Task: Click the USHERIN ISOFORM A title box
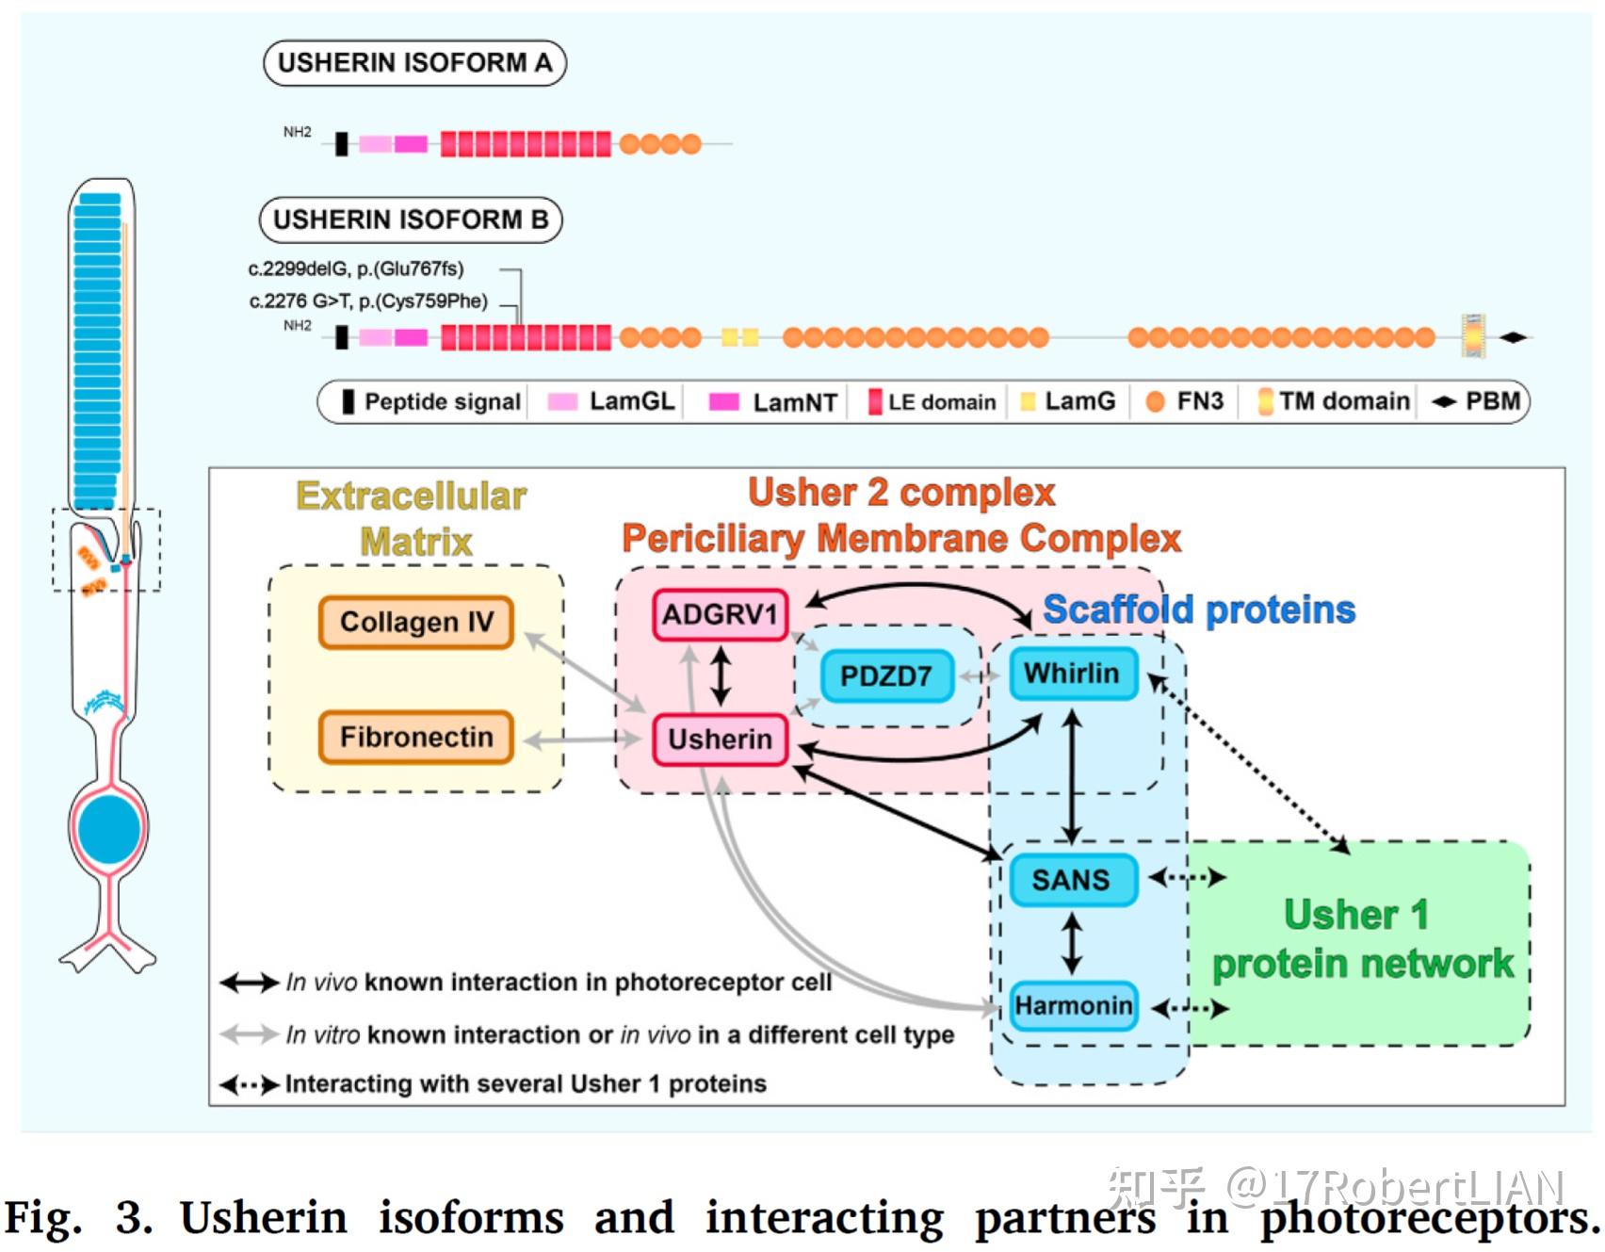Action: click(x=414, y=63)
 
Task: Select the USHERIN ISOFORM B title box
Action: click(x=411, y=220)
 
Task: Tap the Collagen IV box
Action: click(x=416, y=622)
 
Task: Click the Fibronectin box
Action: click(x=416, y=737)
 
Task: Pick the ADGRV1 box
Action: click(x=720, y=615)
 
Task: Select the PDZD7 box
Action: click(x=886, y=675)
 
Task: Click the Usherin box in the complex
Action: click(x=720, y=740)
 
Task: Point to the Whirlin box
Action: click(x=1072, y=673)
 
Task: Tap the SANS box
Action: click(x=1072, y=880)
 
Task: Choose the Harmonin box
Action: click(x=1073, y=1006)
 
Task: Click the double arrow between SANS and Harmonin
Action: click(x=1072, y=944)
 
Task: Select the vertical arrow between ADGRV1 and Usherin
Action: click(x=721, y=676)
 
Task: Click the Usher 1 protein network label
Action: click(x=1361, y=939)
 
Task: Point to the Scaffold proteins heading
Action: click(x=1199, y=610)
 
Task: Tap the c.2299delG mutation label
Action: click(x=356, y=268)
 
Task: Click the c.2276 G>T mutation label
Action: click(x=368, y=301)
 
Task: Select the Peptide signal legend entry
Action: click(x=431, y=401)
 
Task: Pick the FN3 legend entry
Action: click(x=1184, y=401)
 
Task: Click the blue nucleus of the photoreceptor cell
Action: click(x=109, y=829)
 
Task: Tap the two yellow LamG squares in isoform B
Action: click(x=740, y=337)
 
